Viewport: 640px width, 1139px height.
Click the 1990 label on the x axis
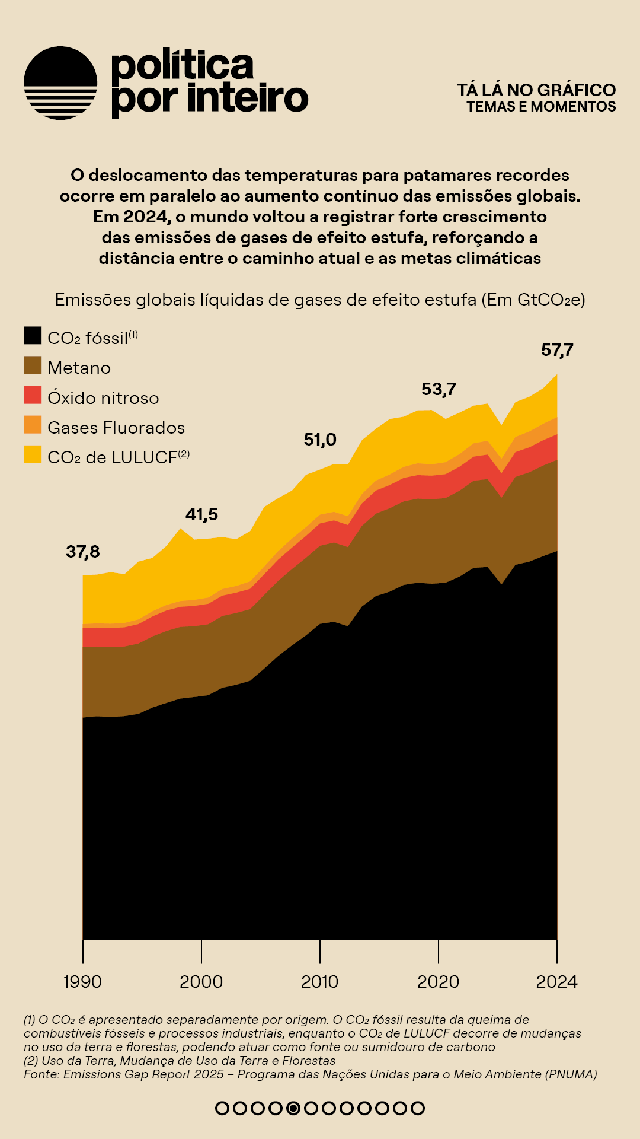(82, 982)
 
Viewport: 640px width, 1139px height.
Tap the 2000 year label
(201, 982)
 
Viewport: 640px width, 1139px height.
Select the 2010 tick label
(320, 982)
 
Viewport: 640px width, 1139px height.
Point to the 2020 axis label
(439, 982)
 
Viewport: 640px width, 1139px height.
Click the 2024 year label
(556, 982)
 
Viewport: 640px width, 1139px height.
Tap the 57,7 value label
(557, 350)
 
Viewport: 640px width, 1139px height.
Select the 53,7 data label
(439, 389)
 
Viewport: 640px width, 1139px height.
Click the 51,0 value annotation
(320, 440)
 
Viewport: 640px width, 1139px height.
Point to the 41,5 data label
(201, 514)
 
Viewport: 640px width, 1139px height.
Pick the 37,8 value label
(83, 552)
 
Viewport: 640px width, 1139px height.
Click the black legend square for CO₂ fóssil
(33, 336)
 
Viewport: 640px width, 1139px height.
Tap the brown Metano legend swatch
(33, 365)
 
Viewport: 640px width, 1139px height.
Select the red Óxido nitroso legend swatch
(33, 395)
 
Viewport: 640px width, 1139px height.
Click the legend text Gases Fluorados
(116, 428)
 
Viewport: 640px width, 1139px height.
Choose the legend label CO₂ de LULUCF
(118, 457)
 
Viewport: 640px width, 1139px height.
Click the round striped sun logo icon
(60, 83)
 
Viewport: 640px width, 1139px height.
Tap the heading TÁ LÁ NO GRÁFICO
(536, 90)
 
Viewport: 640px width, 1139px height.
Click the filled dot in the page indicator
(293, 1108)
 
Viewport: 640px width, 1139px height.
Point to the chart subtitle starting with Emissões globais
(320, 300)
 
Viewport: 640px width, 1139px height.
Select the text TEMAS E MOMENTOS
(541, 107)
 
